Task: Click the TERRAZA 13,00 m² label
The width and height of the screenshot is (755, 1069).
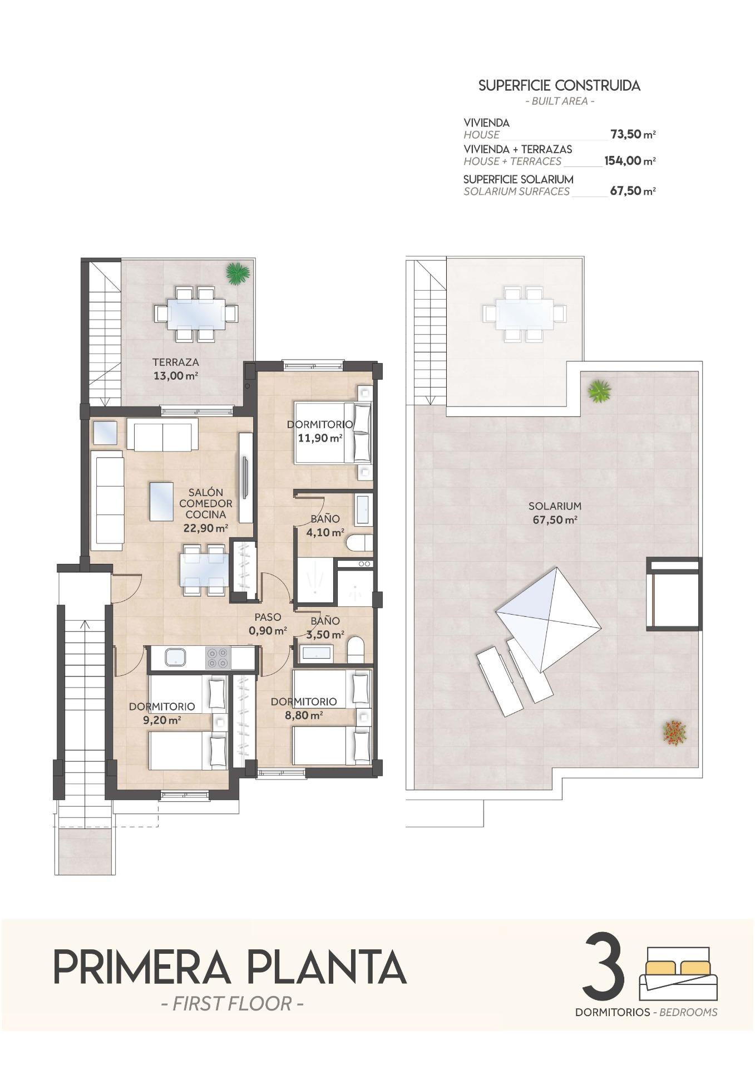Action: click(176, 369)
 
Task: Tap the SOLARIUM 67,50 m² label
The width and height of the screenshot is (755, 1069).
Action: click(554, 513)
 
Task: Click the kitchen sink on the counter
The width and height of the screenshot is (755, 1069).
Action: click(176, 657)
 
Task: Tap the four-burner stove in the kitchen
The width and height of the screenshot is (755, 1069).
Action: click(218, 657)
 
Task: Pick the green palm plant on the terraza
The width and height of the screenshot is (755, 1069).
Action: click(238, 273)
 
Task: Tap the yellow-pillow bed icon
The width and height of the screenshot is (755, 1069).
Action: click(679, 974)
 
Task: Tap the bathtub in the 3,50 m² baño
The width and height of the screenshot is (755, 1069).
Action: click(316, 654)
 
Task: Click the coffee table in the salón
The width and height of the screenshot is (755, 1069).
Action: click(165, 501)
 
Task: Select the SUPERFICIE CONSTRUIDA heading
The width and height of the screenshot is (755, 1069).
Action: click(559, 86)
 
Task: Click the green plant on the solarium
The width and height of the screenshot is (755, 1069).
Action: click(600, 391)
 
